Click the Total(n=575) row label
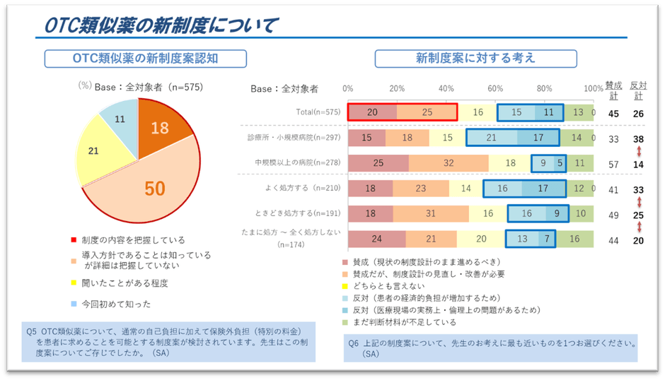(x=318, y=112)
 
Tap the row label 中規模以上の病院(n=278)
(x=298, y=163)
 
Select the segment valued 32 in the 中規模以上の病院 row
(x=449, y=163)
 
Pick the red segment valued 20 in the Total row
(x=372, y=112)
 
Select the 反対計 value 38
(x=638, y=138)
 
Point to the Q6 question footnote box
(x=491, y=348)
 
